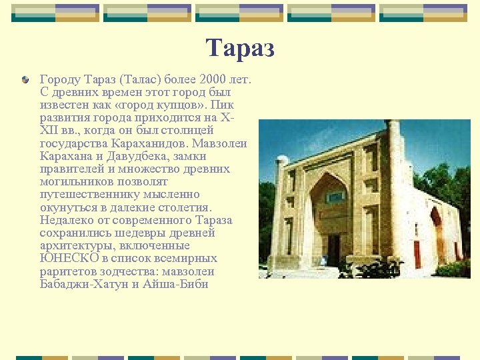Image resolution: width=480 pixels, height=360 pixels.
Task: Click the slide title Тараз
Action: point(240,49)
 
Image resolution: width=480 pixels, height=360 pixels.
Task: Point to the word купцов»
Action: point(207,105)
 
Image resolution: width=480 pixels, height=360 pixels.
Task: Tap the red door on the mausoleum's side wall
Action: point(417,253)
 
